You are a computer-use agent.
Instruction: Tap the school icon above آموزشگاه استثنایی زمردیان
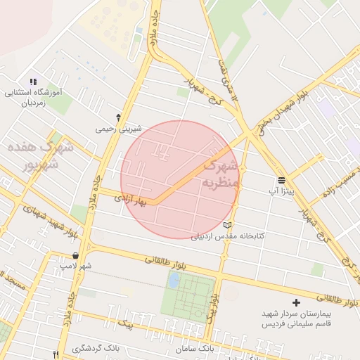33,82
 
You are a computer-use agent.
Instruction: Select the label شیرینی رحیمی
119,129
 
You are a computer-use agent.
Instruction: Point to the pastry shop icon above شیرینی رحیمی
118,117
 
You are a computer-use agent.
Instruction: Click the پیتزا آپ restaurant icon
281,179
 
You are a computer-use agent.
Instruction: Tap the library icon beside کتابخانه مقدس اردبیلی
226,225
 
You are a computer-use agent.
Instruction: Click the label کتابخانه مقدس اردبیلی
228,236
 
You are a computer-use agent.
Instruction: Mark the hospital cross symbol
296,302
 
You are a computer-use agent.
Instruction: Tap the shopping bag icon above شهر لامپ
75,255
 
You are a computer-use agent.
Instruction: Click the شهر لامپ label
75,266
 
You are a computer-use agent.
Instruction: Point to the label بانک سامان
195,349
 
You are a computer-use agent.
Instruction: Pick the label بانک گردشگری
98,349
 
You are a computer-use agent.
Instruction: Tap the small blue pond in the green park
173,281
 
